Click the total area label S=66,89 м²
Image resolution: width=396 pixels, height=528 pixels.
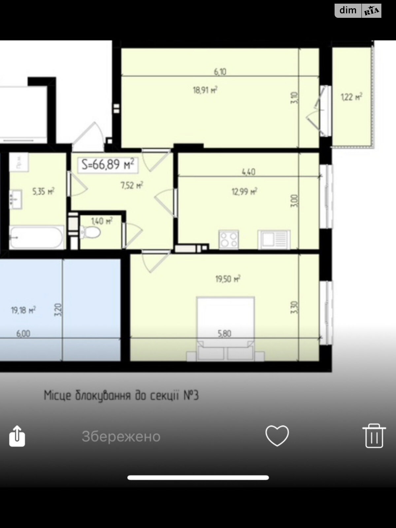108,164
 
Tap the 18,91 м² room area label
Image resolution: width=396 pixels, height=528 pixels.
205,90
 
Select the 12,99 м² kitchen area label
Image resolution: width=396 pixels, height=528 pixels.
245,191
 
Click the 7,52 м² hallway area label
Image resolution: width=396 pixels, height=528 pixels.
132,185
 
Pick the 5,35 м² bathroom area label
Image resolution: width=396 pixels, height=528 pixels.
43,191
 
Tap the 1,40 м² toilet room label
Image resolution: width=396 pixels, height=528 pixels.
102,221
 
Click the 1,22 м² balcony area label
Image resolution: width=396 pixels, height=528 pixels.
351,97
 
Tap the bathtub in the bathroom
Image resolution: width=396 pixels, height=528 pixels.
36,237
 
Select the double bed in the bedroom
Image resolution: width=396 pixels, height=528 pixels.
225,327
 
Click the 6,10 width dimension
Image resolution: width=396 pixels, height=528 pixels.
220,71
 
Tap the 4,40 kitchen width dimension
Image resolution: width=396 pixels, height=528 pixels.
248,172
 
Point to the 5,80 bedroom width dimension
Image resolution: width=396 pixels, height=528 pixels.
224,334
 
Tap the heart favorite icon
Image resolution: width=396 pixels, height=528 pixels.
277,436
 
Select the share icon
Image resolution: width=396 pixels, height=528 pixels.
17,436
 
